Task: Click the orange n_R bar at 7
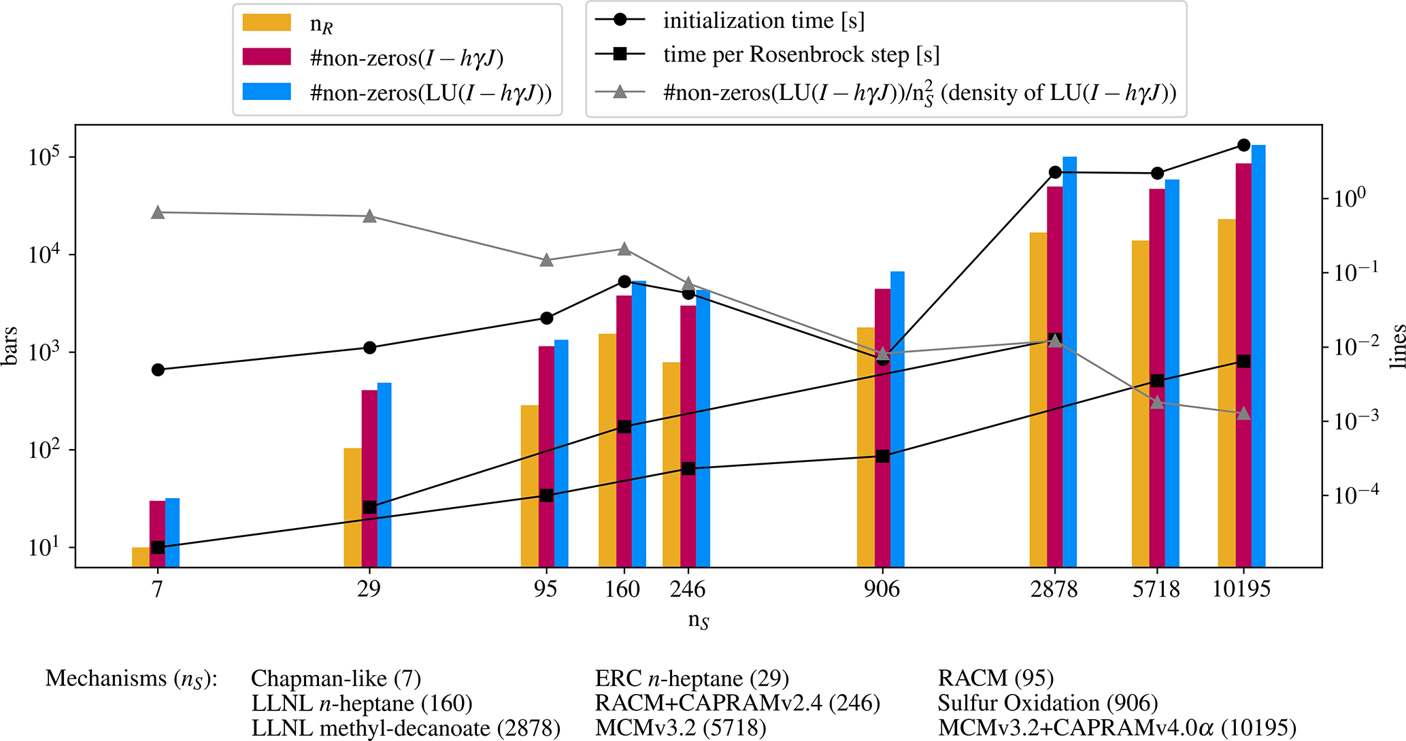pos(140,557)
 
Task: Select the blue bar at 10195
pos(1258,354)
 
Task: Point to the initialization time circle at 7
pos(158,369)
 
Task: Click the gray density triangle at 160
pos(624,249)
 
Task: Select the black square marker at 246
pos(688,469)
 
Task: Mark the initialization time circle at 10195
pos(1243,145)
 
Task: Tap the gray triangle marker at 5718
pos(1157,402)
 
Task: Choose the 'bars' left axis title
pos(10,346)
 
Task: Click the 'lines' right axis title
pos(1398,346)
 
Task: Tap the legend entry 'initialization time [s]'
pos(763,20)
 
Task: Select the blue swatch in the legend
pos(267,93)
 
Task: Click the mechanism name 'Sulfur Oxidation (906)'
pos(1048,703)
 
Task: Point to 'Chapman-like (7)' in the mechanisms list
pos(336,678)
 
